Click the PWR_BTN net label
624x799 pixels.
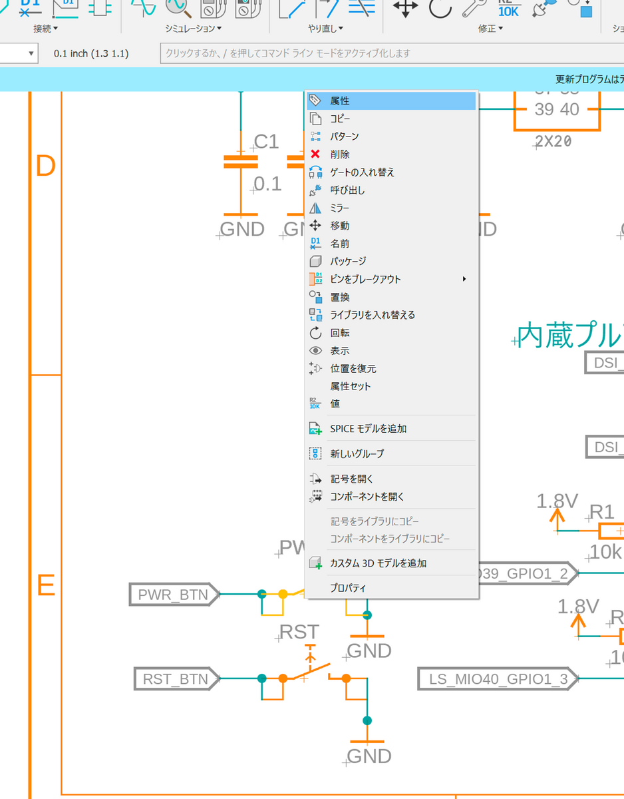pos(173,594)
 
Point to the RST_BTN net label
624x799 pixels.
pos(176,679)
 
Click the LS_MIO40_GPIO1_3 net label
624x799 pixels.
pos(498,679)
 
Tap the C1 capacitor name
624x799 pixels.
pos(266,142)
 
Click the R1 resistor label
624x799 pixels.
pos(602,511)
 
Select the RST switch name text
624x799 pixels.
pos(299,632)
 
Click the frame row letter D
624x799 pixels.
pos(45,166)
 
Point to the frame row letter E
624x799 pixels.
pos(45,586)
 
